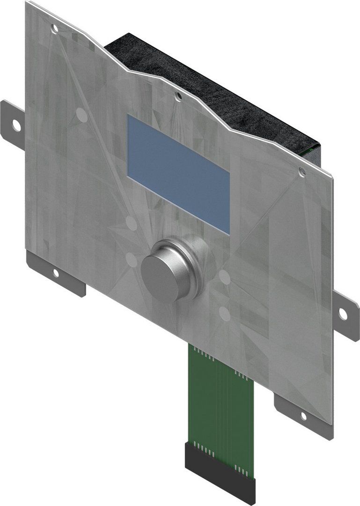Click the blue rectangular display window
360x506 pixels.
click(178, 174)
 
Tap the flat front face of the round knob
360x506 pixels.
click(162, 271)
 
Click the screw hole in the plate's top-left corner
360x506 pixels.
click(55, 29)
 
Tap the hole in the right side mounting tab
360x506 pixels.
click(343, 314)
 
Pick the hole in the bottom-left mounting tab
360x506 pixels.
click(55, 273)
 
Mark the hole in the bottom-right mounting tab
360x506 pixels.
click(303, 415)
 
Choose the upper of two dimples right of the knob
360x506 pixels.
click(225, 277)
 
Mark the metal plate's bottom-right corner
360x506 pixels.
click(331, 424)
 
